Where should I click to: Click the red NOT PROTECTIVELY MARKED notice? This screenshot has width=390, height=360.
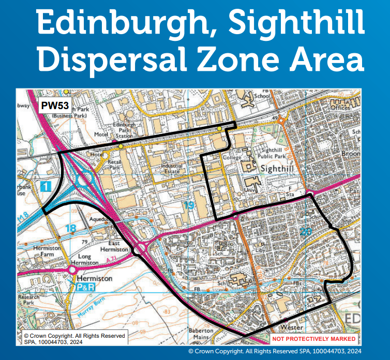pos(314,339)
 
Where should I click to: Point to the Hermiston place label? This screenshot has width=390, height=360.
pos(94,278)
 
